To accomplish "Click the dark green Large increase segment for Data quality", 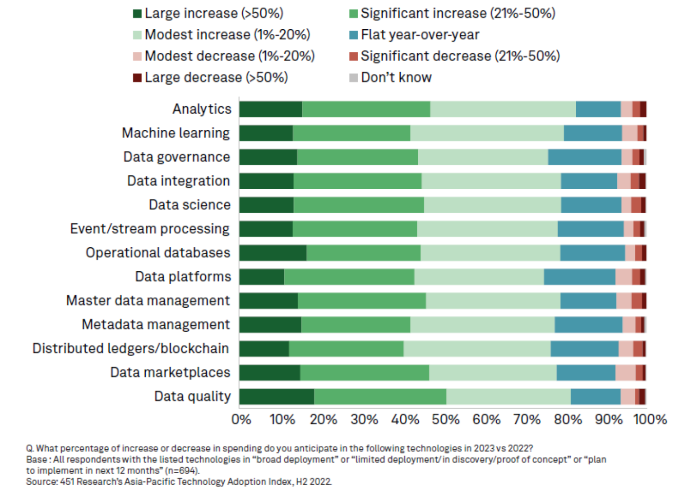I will pyautogui.click(x=277, y=396).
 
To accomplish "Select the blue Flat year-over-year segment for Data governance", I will pyautogui.click(x=584, y=157).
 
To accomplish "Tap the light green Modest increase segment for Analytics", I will pyautogui.click(x=503, y=109).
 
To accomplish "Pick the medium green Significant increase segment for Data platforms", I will pyautogui.click(x=349, y=277).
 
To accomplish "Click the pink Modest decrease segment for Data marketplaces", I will pyautogui.click(x=625, y=373).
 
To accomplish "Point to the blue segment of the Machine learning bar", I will pyautogui.click(x=592, y=133).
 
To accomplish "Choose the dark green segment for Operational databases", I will pyautogui.click(x=273, y=253).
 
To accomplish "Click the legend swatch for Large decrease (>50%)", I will pyautogui.click(x=138, y=77).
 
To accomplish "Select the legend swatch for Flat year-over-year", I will pyautogui.click(x=354, y=35).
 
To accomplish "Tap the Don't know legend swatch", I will pyautogui.click(x=354, y=77).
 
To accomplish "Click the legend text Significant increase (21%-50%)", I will pyautogui.click(x=458, y=14).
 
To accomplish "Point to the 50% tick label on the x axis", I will pyautogui.click(x=445, y=419).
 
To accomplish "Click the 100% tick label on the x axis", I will pyautogui.click(x=650, y=419).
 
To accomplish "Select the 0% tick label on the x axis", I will pyautogui.click(x=241, y=419).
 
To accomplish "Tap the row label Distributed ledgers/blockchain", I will pyautogui.click(x=131, y=348).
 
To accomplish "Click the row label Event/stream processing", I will pyautogui.click(x=150, y=229).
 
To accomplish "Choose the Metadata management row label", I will pyautogui.click(x=156, y=324).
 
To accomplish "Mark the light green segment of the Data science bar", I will pyautogui.click(x=492, y=205).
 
